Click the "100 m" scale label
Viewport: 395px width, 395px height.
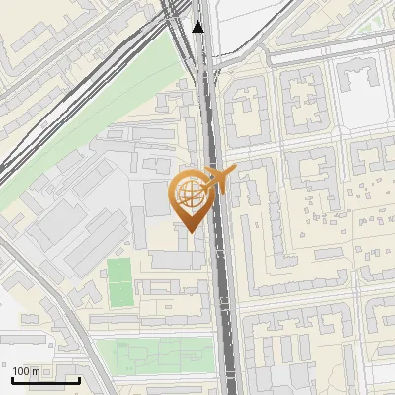click(x=26, y=371)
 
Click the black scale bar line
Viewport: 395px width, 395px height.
click(x=45, y=380)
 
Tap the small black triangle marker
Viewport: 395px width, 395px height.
click(x=198, y=27)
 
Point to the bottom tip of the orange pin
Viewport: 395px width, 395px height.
click(x=189, y=232)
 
